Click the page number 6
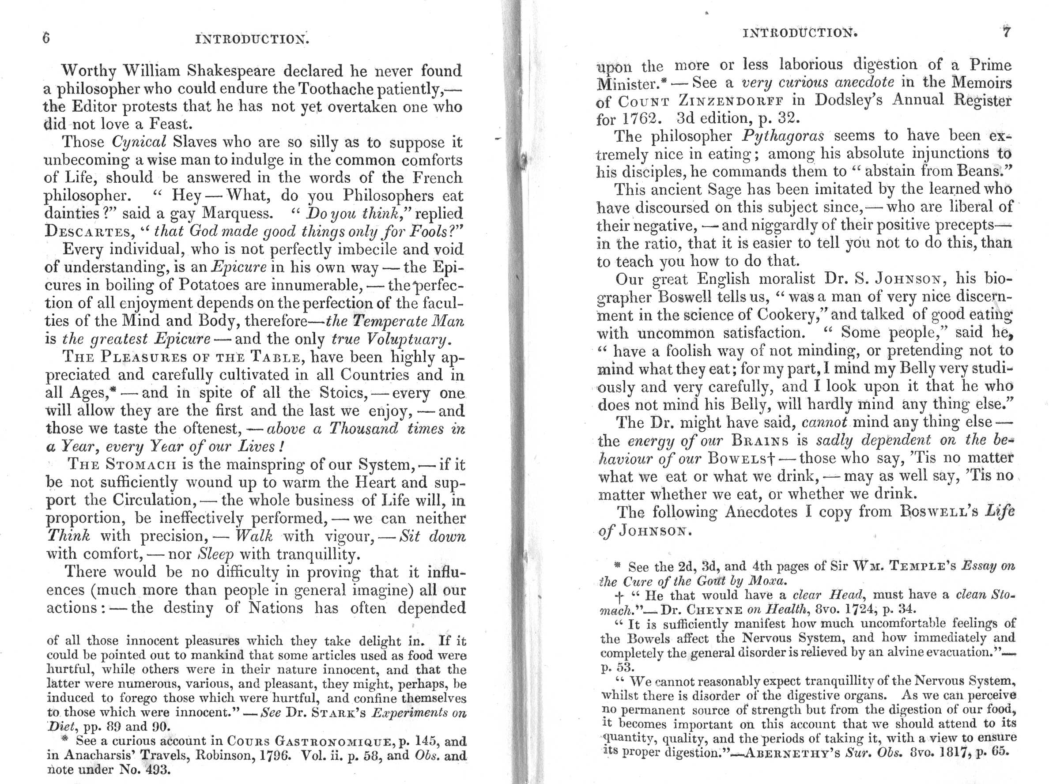(46, 38)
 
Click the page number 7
(1006, 32)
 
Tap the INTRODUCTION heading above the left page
(252, 39)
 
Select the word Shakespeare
(231, 71)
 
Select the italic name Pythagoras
(782, 136)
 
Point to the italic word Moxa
(768, 580)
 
